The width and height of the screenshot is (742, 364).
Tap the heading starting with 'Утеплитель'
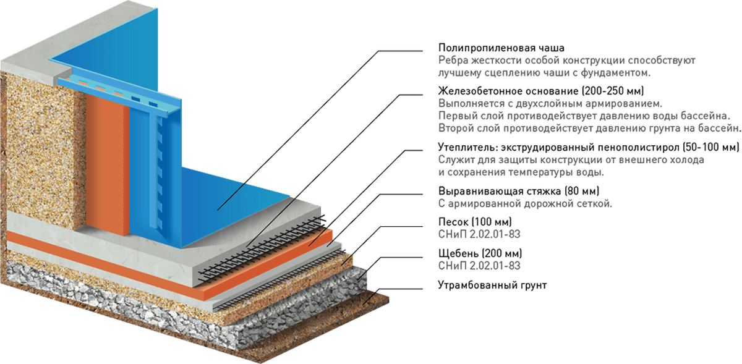588,147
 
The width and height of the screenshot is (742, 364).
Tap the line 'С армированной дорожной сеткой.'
525,203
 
